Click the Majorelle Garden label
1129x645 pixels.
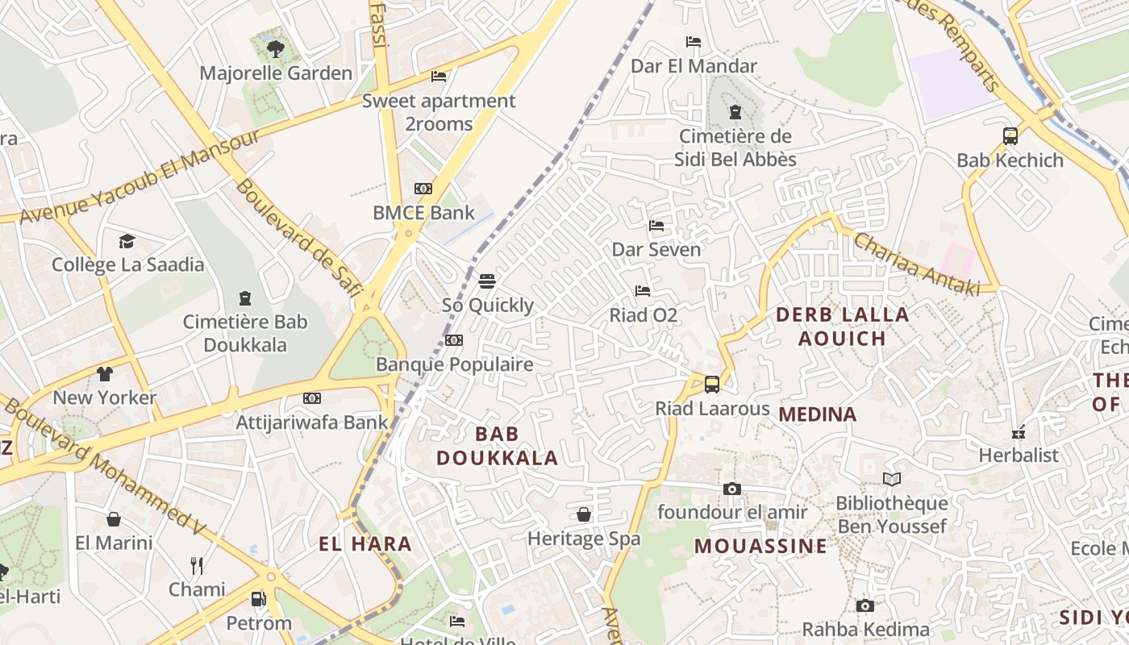(x=276, y=73)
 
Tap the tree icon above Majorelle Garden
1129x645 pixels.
(x=276, y=49)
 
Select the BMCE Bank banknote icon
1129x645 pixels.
(x=423, y=189)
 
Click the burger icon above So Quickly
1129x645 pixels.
(x=487, y=281)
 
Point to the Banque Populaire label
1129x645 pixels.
(x=455, y=364)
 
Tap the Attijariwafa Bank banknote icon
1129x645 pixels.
(x=312, y=398)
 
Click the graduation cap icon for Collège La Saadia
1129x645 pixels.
(x=127, y=241)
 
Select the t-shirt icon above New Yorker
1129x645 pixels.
(x=105, y=374)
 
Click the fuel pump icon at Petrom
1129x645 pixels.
(x=258, y=599)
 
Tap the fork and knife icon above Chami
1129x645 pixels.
(x=197, y=565)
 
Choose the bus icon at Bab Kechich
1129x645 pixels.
(x=1010, y=136)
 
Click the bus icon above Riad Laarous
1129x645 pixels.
(x=712, y=385)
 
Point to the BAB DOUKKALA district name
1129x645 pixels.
(x=498, y=446)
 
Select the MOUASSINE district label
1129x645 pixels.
(x=760, y=546)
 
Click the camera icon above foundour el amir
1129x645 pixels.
(x=732, y=489)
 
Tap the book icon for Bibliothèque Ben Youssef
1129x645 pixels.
(x=892, y=480)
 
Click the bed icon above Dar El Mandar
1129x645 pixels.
(x=694, y=42)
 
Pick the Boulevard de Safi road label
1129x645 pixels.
(x=298, y=239)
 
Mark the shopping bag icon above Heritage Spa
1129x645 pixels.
(x=584, y=514)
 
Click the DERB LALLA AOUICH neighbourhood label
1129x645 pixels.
(x=843, y=327)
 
